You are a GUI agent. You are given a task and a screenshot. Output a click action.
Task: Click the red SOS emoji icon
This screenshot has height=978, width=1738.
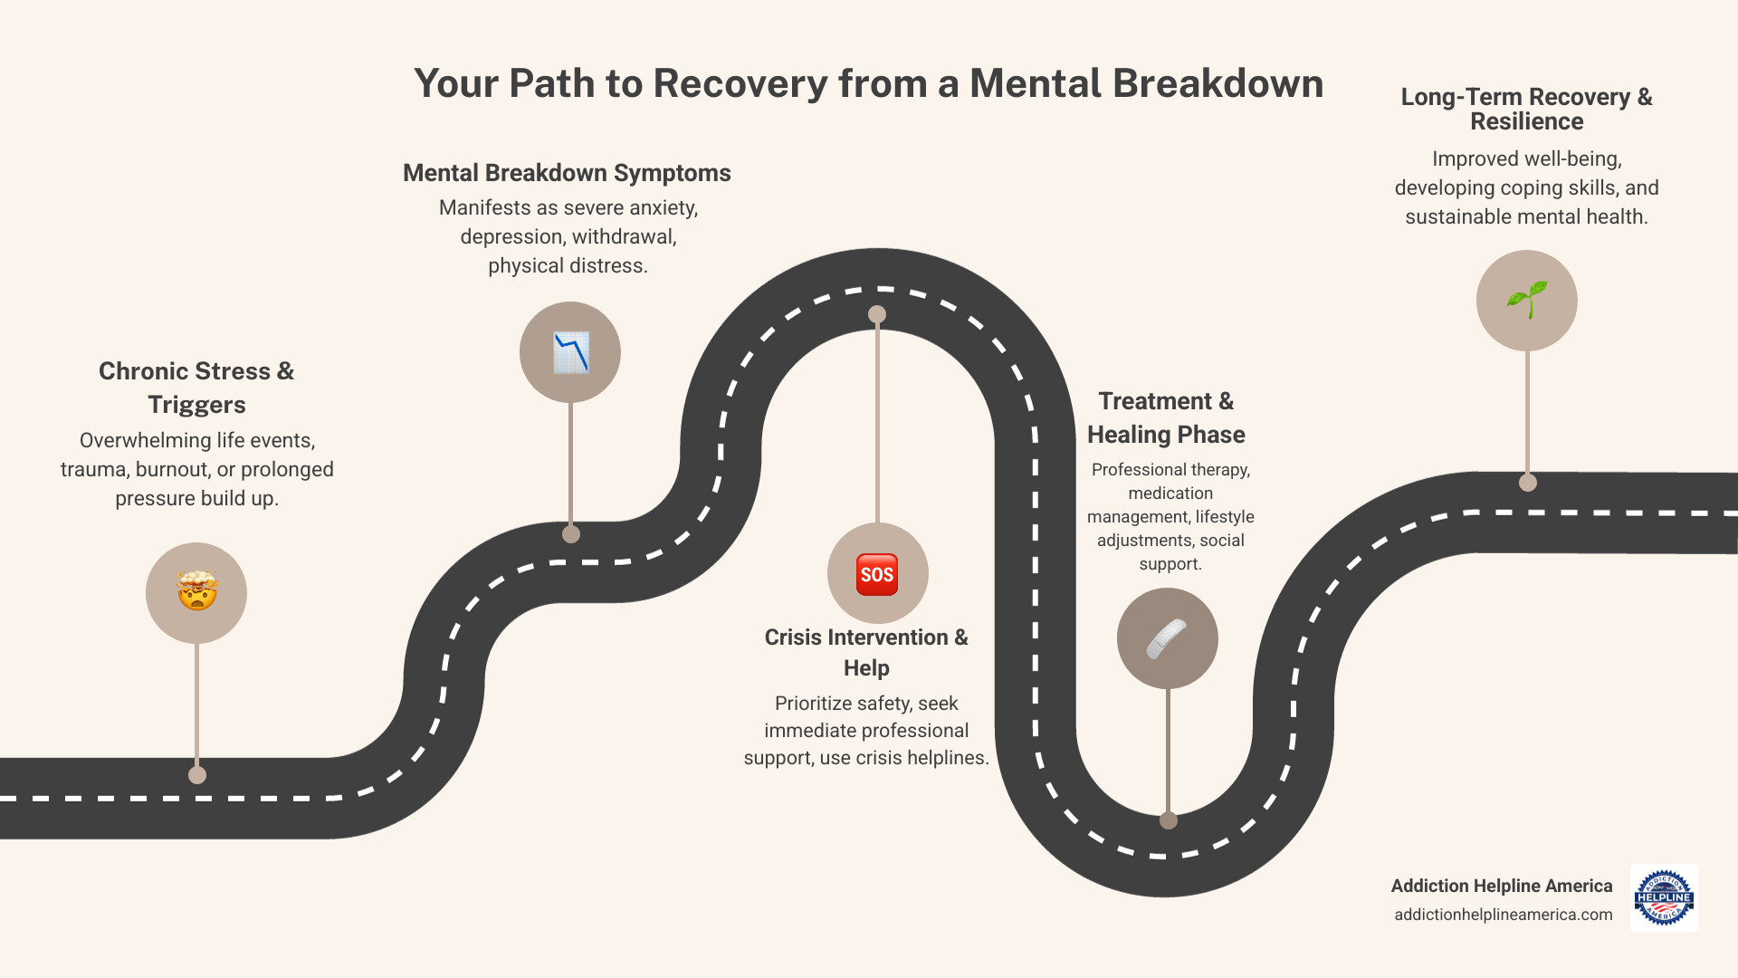[876, 574]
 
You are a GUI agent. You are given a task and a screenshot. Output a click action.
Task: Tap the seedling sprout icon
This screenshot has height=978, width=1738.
[1526, 300]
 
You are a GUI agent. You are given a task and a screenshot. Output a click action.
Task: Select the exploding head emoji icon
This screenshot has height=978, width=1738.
[196, 592]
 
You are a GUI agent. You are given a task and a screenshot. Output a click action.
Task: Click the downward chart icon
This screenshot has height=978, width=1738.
[570, 352]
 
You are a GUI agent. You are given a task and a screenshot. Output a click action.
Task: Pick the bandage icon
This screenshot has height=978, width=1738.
[1167, 638]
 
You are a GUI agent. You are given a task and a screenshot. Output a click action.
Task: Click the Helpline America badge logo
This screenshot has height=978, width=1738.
[1664, 897]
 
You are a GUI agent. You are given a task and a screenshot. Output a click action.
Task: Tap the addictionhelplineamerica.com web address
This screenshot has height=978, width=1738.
[1503, 915]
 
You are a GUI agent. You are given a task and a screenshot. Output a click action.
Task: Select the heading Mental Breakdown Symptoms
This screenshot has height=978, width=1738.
[567, 173]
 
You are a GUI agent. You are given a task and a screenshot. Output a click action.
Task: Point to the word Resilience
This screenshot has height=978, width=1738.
[1526, 122]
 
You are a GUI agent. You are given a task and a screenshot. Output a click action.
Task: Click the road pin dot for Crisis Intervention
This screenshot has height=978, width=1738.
[876, 314]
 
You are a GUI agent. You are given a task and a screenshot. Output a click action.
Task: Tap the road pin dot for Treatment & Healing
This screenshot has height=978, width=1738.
[1168, 820]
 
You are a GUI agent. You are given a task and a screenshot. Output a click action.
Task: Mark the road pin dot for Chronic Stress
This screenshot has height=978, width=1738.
[196, 775]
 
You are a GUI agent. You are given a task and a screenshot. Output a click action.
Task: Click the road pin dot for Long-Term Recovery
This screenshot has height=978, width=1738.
[1527, 483]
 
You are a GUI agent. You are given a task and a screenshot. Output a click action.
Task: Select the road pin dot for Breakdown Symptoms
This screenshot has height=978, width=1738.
[570, 534]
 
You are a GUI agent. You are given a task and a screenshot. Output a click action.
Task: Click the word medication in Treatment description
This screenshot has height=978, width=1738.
[1170, 494]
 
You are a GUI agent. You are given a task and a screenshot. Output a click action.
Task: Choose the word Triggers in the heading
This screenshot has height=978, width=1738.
[196, 405]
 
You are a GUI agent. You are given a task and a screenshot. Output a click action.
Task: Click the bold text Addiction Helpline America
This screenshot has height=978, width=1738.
[1501, 886]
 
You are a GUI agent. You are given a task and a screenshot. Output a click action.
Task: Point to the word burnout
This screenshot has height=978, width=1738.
[172, 470]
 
